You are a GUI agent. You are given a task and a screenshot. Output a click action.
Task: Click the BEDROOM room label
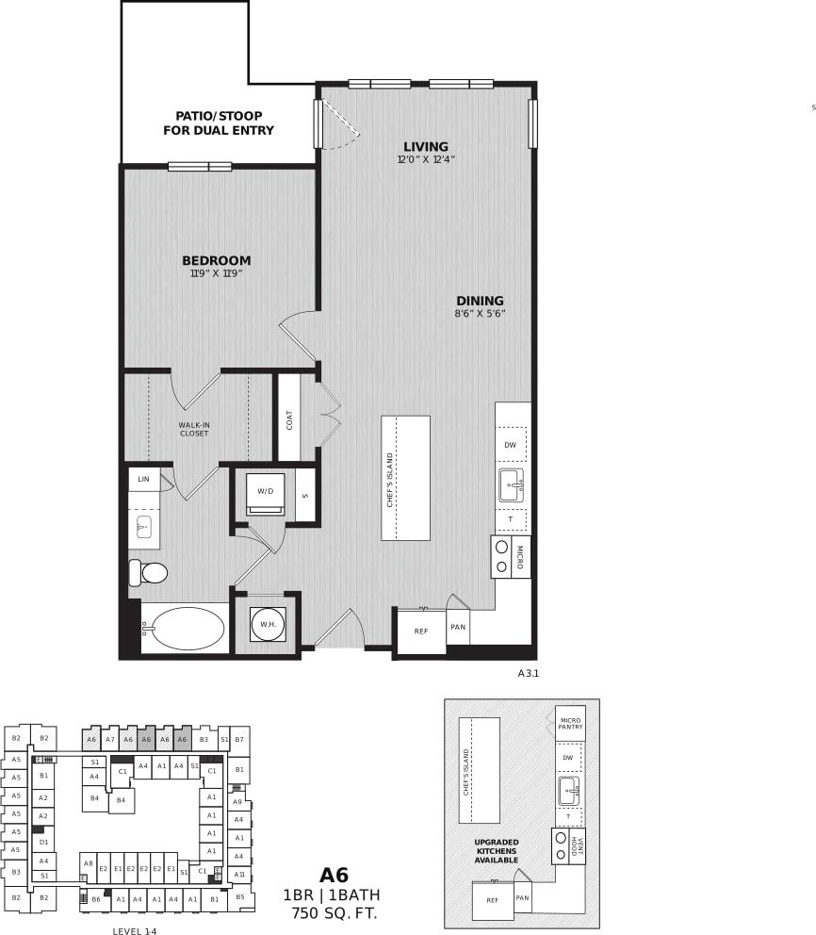216,261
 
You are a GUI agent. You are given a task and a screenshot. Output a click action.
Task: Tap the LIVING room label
426,147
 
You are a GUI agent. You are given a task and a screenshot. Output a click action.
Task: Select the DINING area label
480,302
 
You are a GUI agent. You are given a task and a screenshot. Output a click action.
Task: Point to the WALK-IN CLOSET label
194,429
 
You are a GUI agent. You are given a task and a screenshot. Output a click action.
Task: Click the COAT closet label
288,418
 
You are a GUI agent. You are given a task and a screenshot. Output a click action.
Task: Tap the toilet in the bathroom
148,571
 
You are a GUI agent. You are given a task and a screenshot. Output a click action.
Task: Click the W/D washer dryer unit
265,492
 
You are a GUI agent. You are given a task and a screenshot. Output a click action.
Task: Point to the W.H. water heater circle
266,623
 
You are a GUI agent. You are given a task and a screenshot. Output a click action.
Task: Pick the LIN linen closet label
143,479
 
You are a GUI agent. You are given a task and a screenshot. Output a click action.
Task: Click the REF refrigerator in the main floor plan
420,632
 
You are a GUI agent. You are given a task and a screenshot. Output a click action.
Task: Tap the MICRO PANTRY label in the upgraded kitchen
570,723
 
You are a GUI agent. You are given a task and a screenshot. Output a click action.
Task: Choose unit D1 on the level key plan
43,842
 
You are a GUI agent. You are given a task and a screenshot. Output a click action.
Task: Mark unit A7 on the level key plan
109,740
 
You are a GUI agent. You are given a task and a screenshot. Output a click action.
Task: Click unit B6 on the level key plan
96,900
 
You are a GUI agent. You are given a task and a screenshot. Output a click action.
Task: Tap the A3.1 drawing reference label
528,674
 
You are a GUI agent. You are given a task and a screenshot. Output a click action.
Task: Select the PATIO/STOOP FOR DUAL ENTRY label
224,123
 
